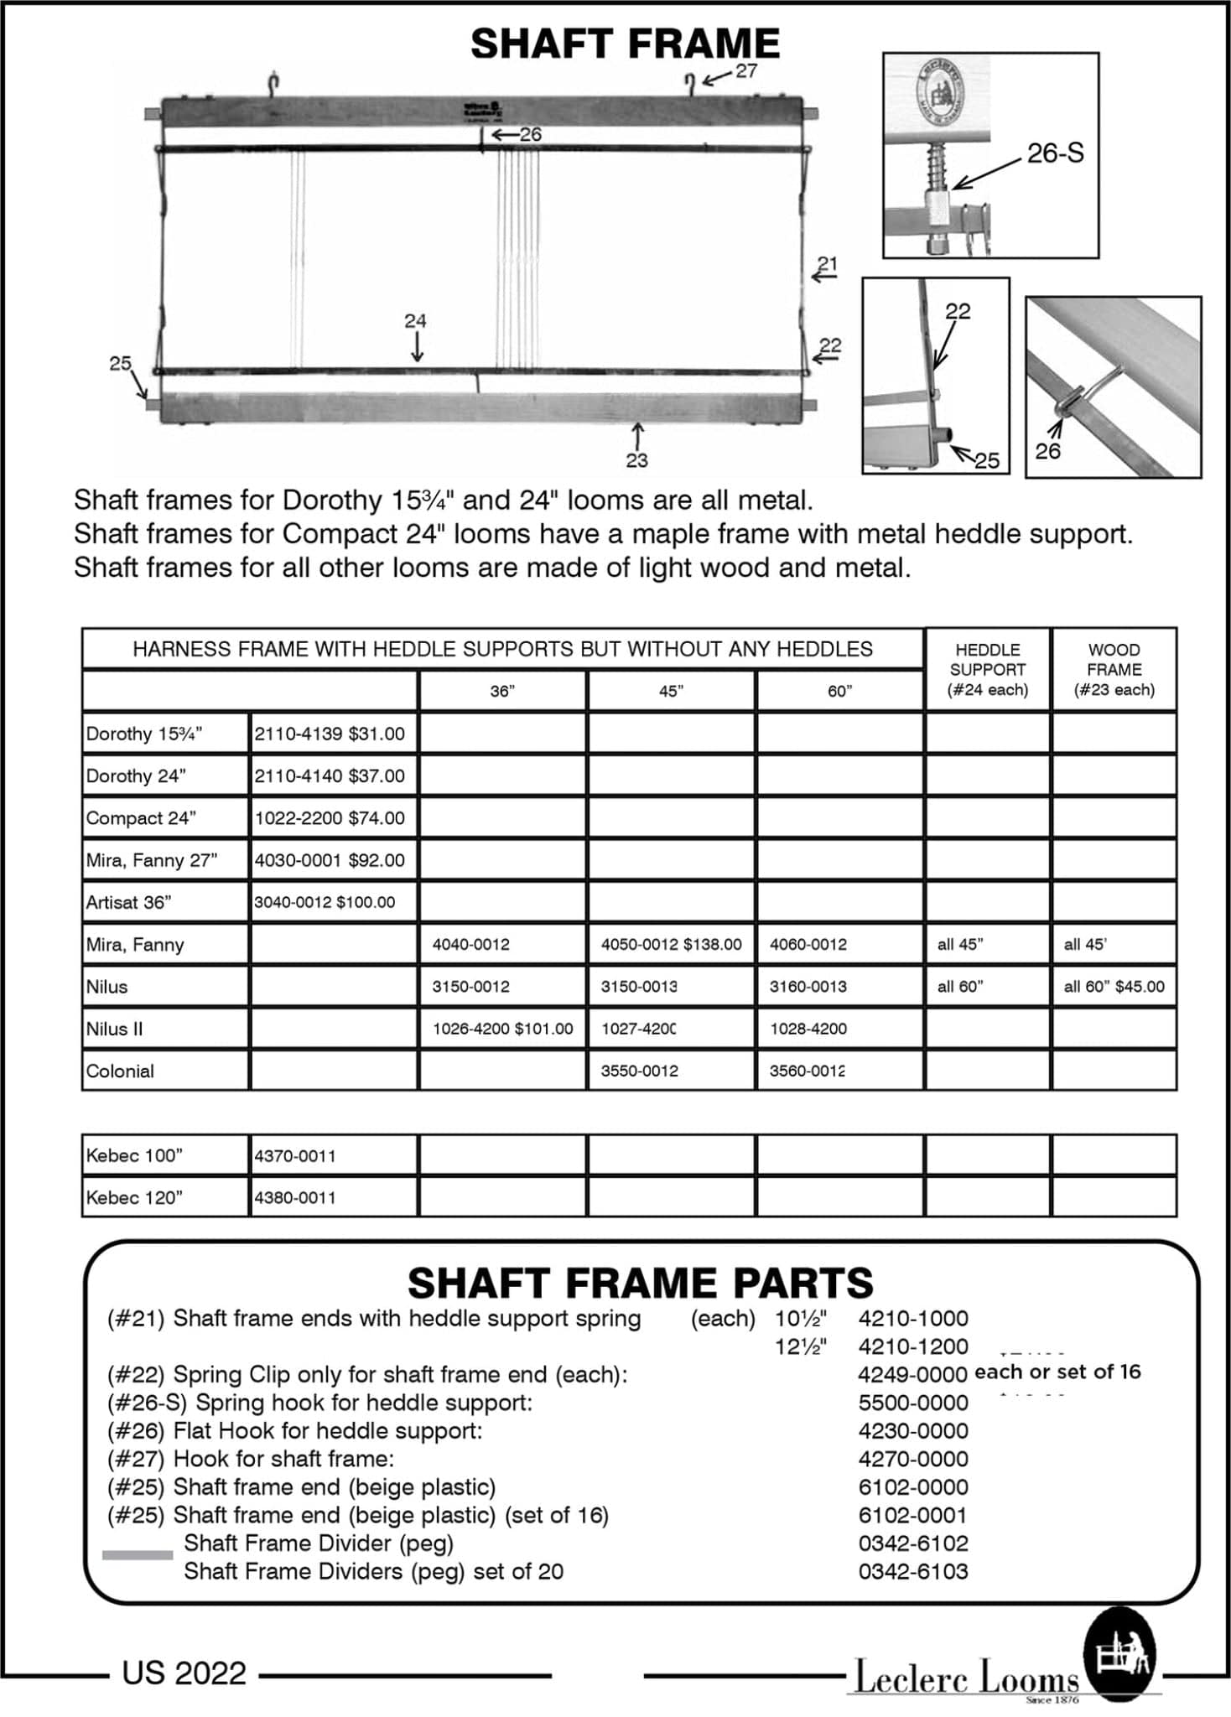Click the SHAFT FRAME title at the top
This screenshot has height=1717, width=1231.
[x=625, y=44]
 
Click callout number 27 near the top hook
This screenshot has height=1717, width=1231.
[x=746, y=71]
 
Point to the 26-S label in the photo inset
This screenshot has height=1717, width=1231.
[x=1055, y=153]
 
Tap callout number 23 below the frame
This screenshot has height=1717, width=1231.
[x=636, y=459]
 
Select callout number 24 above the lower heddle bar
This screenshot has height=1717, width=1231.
[x=415, y=321]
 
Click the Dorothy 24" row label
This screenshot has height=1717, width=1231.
[x=136, y=776]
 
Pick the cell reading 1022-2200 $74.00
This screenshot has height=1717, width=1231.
[x=330, y=817]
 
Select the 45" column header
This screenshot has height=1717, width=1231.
[x=671, y=691]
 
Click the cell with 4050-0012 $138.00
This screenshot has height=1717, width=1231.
[x=671, y=944]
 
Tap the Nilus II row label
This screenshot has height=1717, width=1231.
[x=114, y=1029]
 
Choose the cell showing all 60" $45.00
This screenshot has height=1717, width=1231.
[x=1114, y=986]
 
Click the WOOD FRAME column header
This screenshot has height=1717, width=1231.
[x=1114, y=669]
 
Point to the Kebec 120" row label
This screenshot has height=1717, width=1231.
[x=134, y=1197]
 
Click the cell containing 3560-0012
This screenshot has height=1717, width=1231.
[x=808, y=1071]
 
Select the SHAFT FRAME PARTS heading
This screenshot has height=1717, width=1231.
[x=640, y=1283]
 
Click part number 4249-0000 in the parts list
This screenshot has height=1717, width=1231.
[x=912, y=1374]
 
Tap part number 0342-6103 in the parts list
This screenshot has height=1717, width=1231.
[x=912, y=1571]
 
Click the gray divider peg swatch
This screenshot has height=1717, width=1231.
[x=137, y=1555]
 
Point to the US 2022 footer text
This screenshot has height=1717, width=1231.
[x=184, y=1673]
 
